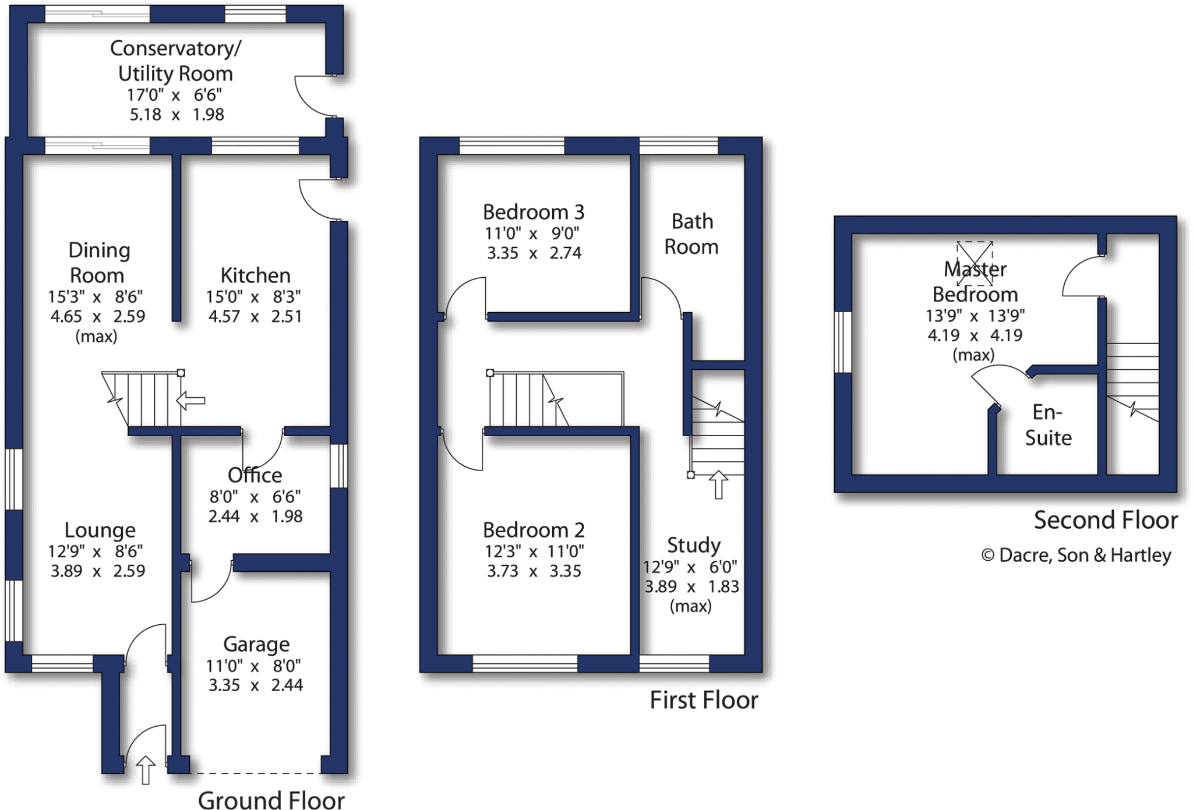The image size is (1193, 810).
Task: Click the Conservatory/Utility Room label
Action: [x=175, y=61]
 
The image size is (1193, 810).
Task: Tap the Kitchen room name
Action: [x=255, y=275]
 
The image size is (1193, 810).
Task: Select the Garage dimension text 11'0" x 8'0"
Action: [x=254, y=666]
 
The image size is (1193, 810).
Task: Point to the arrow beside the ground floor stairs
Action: [x=190, y=401]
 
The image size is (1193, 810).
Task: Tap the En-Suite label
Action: [x=1047, y=425]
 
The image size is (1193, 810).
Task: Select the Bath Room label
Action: [x=691, y=234]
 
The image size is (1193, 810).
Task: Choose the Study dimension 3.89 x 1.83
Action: [x=691, y=586]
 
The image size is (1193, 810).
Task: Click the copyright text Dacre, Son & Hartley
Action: [x=1076, y=555]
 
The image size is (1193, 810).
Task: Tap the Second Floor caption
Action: [x=1105, y=520]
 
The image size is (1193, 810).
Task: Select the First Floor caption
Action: [x=703, y=700]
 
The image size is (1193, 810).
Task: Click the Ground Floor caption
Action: [x=271, y=800]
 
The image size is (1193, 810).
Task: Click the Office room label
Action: [x=255, y=475]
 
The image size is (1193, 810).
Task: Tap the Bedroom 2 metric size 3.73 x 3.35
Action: [x=534, y=571]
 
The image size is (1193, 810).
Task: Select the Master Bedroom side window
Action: [x=843, y=342]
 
